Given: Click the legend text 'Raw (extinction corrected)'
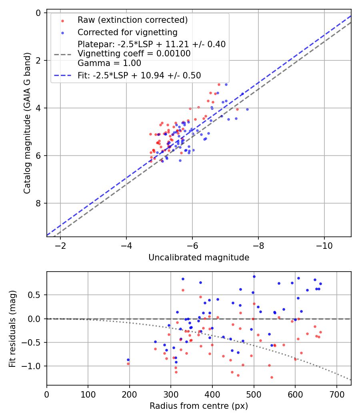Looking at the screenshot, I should pyautogui.click(x=132, y=20).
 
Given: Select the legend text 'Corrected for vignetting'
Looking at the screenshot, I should pyautogui.click(x=128, y=32).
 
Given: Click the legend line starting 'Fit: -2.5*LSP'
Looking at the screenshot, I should pyautogui.click(x=139, y=75).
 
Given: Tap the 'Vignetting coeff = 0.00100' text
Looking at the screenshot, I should pyautogui.click(x=134, y=54).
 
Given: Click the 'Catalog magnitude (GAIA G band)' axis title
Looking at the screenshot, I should pyautogui.click(x=27, y=125).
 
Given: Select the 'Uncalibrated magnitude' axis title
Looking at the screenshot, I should pyautogui.click(x=199, y=258).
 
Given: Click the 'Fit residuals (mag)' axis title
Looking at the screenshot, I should pyautogui.click(x=12, y=328).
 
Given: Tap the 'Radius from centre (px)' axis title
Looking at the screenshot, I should pyautogui.click(x=199, y=406).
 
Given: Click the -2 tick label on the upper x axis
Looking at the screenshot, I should pyautogui.click(x=60, y=245).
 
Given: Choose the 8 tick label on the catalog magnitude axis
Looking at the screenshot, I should pyautogui.click(x=38, y=203).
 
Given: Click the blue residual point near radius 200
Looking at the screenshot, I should pyautogui.click(x=128, y=360).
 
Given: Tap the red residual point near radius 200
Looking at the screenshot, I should pyautogui.click(x=128, y=364).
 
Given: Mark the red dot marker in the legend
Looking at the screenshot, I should pyautogui.click(x=62, y=20).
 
